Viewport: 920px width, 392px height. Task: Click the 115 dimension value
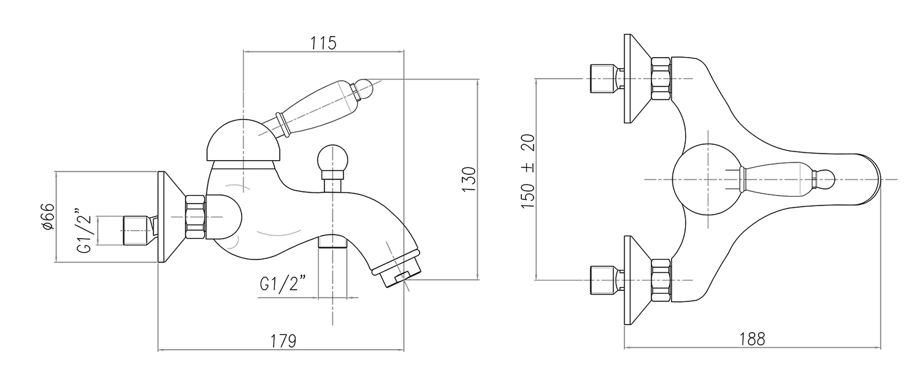click(x=323, y=43)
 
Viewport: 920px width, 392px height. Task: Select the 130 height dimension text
click(x=468, y=179)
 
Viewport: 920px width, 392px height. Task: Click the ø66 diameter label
click(x=49, y=217)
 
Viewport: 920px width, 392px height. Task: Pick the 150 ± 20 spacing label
click(x=528, y=171)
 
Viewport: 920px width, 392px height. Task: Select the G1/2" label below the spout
click(x=283, y=285)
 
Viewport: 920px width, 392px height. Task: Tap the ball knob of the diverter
click(x=332, y=158)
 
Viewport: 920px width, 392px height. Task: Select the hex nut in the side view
click(x=194, y=216)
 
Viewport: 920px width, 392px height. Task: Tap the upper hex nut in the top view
click(x=661, y=79)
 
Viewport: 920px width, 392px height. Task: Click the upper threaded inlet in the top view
click(x=602, y=79)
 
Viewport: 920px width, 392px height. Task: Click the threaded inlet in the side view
click(x=136, y=230)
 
